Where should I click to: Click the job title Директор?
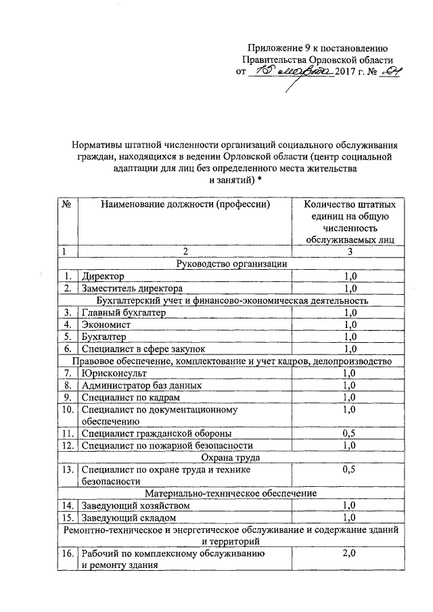(102, 276)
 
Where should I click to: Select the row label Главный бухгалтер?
(123, 312)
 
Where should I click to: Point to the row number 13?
(68, 469)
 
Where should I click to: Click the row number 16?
(68, 554)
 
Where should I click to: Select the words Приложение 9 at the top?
(279, 47)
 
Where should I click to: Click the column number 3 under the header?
(350, 252)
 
